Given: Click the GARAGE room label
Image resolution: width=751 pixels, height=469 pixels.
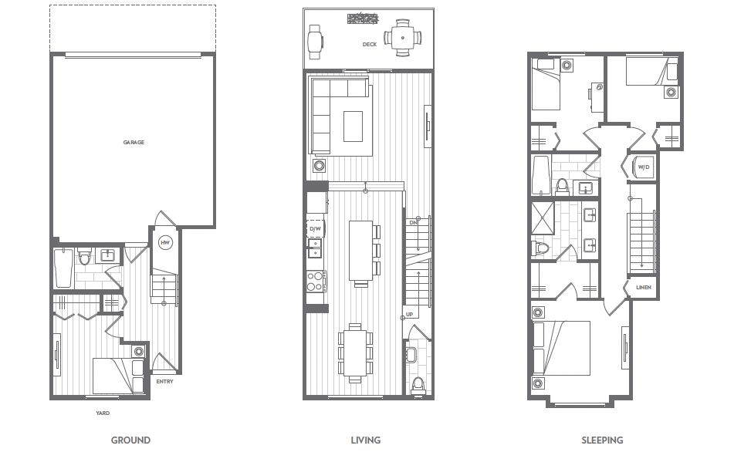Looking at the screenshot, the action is click(134, 142).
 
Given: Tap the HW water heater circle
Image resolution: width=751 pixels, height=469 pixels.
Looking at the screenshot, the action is click(165, 243).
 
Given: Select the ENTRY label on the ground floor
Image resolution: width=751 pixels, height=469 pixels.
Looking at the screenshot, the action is click(164, 381).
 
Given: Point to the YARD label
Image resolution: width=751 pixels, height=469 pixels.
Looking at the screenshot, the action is click(103, 413).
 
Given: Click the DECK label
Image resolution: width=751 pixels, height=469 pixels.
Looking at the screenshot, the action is click(370, 45).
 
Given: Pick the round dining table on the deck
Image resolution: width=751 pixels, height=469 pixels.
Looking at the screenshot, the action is click(402, 37).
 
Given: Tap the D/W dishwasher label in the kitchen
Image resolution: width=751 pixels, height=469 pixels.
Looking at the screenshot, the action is click(315, 229).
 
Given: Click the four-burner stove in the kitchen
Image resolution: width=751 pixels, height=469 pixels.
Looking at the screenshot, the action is click(316, 281).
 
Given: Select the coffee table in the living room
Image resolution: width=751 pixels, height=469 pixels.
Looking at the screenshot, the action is click(353, 126).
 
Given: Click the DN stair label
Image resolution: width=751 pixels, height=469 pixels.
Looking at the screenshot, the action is click(414, 223).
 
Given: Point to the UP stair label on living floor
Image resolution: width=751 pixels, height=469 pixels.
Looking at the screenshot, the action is click(410, 315).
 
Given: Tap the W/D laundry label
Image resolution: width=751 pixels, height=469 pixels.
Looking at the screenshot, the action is click(644, 167).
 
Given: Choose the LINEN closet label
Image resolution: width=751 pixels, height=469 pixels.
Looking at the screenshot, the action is click(644, 287).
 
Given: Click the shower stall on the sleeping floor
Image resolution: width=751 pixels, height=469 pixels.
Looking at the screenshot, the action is click(543, 218).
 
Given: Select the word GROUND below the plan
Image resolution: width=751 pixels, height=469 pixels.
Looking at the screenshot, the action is click(130, 440).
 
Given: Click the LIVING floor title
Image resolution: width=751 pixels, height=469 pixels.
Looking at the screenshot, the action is click(366, 440).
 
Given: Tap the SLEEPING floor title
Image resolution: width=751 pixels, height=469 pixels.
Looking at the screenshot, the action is click(603, 440).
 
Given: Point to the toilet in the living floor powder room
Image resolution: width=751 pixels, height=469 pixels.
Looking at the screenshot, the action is click(418, 385).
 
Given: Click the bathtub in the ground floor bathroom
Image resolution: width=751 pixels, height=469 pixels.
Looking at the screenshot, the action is click(64, 268).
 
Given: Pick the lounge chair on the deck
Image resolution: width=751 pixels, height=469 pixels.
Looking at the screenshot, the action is click(316, 42).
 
